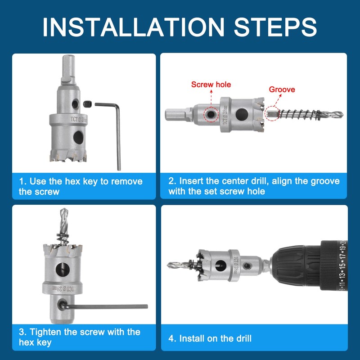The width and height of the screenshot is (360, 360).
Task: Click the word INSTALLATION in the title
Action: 133,27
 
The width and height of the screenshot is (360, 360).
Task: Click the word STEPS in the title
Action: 275,27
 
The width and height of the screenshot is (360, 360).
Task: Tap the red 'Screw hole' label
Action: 211,85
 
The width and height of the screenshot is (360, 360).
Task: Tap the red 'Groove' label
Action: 282,89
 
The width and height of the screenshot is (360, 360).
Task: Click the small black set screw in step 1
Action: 87,104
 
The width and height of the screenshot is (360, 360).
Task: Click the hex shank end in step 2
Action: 176,114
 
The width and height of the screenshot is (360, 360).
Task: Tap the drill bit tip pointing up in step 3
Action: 63,209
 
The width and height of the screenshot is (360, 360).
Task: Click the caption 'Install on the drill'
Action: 215,338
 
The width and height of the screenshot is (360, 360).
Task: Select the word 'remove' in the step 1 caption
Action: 127,181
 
